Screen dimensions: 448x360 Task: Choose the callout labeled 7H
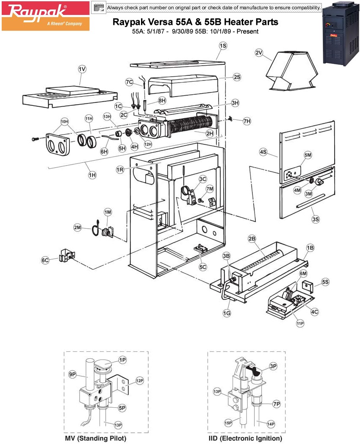[247, 121]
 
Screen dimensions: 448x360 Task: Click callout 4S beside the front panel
[263, 152]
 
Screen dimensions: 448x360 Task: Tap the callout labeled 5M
[307, 156]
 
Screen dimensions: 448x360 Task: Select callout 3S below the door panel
[316, 219]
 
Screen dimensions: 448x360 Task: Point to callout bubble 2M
[78, 227]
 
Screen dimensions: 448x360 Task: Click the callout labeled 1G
[227, 313]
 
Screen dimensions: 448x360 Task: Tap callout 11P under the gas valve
[300, 324]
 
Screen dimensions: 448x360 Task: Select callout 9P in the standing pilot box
[72, 374]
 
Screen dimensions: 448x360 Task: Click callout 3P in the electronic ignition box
[273, 365]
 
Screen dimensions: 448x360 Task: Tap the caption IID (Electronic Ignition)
[245, 438]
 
